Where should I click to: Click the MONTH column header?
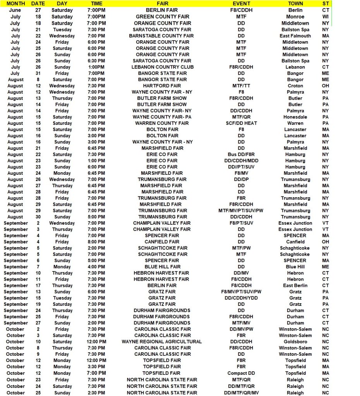pyautogui.click(x=16, y=3)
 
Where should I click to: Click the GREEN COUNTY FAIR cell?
pyautogui.click(x=162, y=17)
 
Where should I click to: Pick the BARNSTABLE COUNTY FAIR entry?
pyautogui.click(x=161, y=36)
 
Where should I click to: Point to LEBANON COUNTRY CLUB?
pyautogui.click(x=162, y=67)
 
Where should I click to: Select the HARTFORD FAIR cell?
pyautogui.click(x=162, y=86)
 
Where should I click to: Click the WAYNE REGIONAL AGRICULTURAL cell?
pyautogui.click(x=162, y=342)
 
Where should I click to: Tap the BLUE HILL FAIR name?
pyautogui.click(x=163, y=267)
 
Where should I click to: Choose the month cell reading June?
pyautogui.click(x=15, y=10)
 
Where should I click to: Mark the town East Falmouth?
pyautogui.click(x=295, y=36)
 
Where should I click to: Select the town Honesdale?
pyautogui.click(x=295, y=117)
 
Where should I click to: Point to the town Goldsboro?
pyautogui.click(x=295, y=342)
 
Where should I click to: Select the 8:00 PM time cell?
pyautogui.click(x=96, y=242)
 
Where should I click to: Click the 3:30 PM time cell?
pyautogui.click(x=96, y=367)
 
